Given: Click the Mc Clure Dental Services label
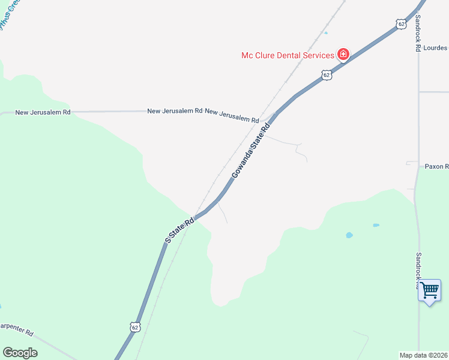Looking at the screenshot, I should [288, 55].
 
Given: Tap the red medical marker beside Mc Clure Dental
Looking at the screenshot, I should [343, 55].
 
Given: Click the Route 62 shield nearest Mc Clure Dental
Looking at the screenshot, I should [326, 75].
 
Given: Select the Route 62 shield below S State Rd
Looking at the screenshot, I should [135, 327].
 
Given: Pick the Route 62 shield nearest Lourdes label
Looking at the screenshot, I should [401, 24].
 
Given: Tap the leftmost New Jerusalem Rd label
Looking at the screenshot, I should [43, 112].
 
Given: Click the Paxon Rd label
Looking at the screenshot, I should [436, 166].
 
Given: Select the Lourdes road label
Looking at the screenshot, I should [435, 47].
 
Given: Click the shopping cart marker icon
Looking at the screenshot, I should [429, 290].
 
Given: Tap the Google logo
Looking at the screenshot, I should [20, 353].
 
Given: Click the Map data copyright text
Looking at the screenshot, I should [424, 355].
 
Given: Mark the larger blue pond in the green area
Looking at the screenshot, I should [349, 235].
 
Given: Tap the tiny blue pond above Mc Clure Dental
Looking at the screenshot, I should [326, 33].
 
